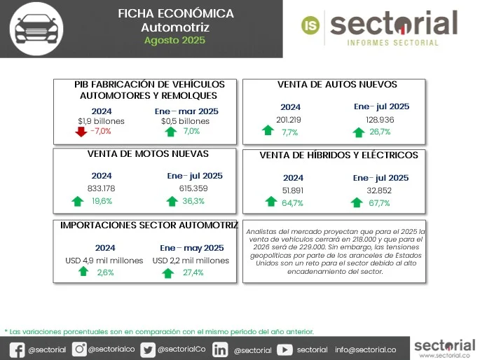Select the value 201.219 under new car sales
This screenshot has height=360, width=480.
click(289, 120)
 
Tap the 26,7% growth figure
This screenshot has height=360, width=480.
click(379, 132)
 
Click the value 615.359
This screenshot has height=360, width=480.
click(194, 188)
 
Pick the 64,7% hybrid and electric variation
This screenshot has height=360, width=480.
click(292, 203)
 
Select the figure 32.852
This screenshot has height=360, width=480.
click(381, 191)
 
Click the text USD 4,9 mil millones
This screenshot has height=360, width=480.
click(104, 261)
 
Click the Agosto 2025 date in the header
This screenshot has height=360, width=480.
click(174, 41)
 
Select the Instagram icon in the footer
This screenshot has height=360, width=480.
click(79, 349)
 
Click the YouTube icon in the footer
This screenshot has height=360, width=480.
click(284, 349)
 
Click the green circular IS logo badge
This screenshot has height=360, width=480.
click(310, 25)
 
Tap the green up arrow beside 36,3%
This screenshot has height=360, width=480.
click(171, 202)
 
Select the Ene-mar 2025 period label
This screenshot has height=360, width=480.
click(186, 111)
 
